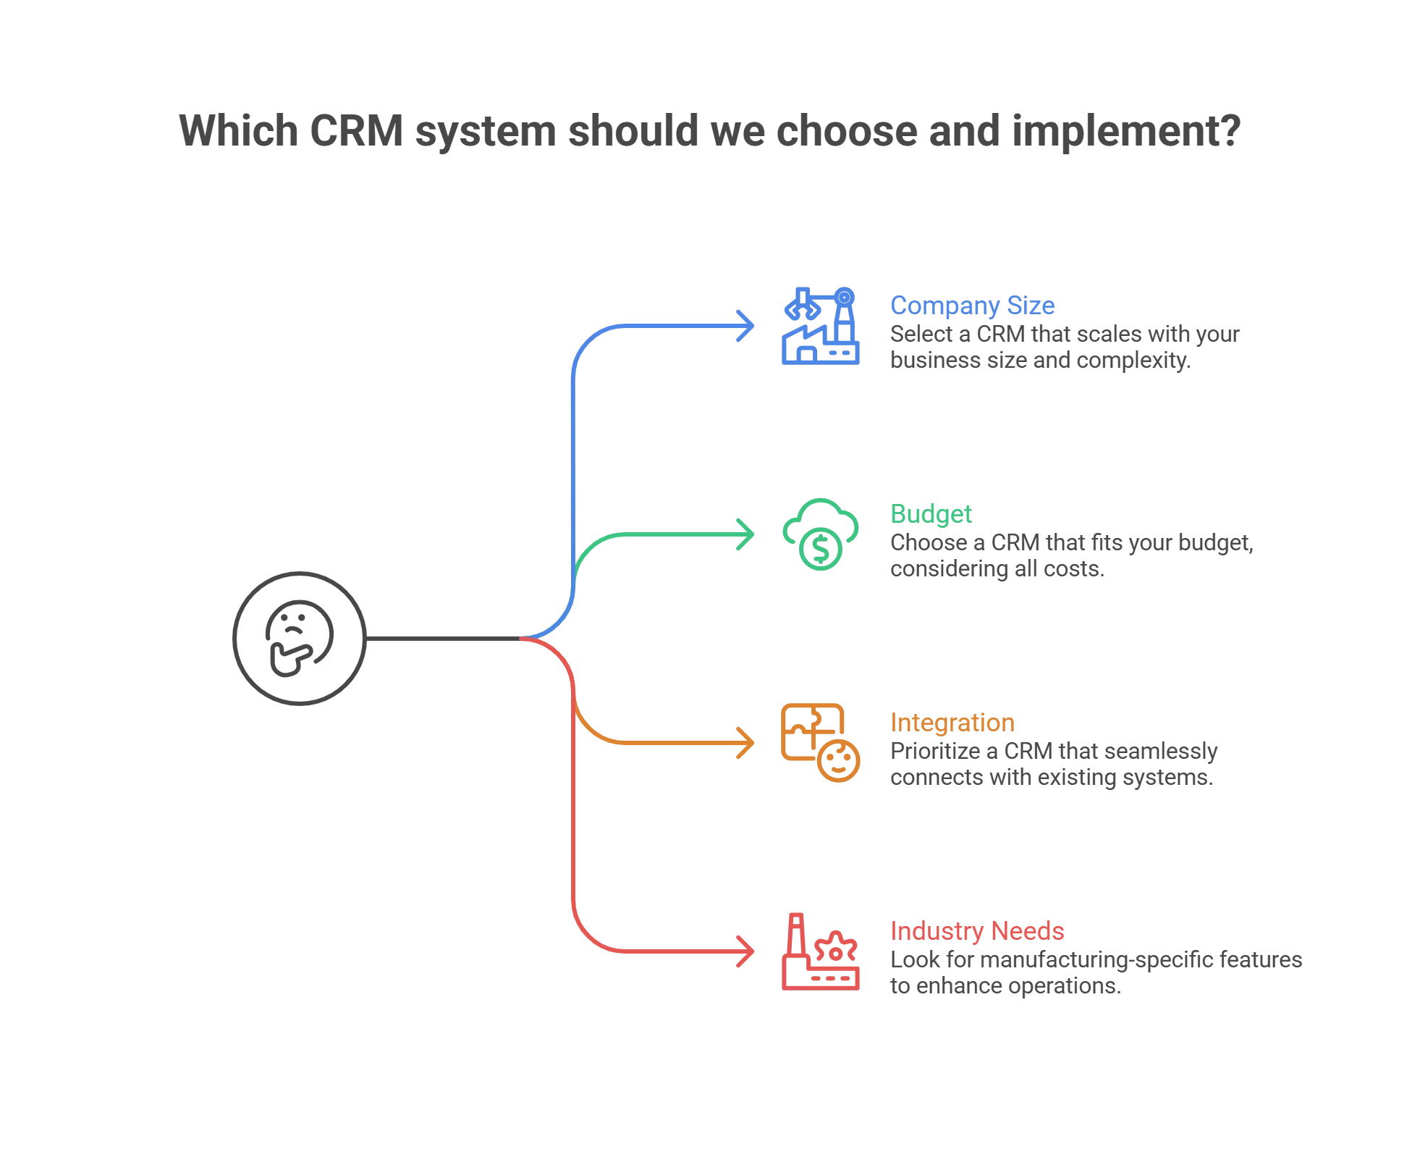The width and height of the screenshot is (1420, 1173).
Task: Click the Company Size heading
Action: tap(972, 306)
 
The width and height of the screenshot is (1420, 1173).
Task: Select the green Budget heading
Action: tap(931, 514)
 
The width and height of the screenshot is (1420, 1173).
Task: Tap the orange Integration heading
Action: tap(952, 723)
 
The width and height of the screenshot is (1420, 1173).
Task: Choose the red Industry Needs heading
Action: tap(977, 931)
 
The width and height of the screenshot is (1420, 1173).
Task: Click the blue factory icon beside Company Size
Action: tap(821, 325)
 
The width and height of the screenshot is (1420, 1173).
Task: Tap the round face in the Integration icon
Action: tap(840, 762)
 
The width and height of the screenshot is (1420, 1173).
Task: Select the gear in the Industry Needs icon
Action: tap(837, 950)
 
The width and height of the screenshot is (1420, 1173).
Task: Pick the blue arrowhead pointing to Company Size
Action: tap(746, 325)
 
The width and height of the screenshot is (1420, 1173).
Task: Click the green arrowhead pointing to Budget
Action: tap(746, 534)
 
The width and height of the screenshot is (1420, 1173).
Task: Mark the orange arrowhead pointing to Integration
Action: tap(746, 742)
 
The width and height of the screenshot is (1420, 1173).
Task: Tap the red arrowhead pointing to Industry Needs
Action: tap(746, 951)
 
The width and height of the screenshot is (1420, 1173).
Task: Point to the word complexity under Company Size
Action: tap(1133, 361)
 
